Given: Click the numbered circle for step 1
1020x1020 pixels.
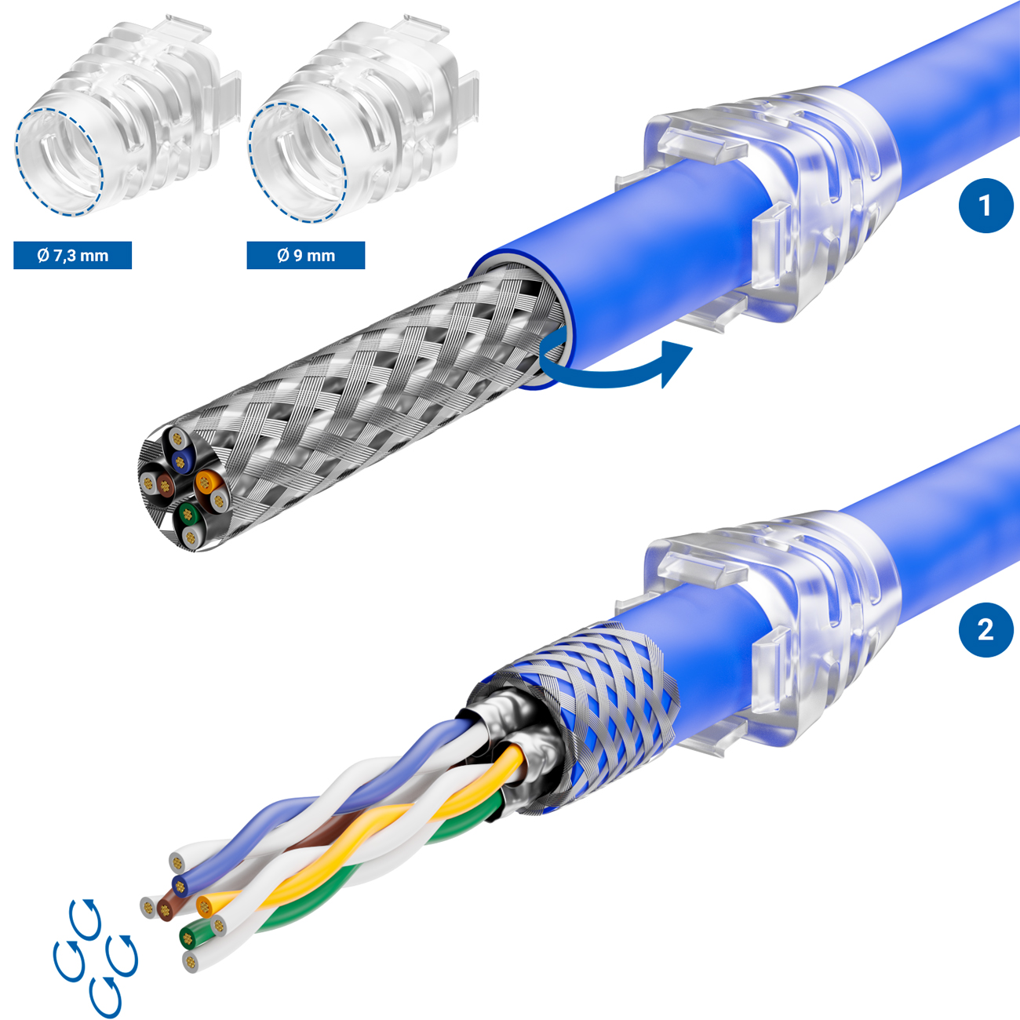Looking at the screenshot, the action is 985,206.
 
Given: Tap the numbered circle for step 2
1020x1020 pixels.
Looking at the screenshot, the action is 985,630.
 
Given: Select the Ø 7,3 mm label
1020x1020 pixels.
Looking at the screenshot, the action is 72,256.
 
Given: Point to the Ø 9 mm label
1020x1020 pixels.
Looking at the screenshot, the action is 306,256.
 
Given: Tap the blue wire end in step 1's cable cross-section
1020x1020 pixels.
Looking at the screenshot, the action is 181,462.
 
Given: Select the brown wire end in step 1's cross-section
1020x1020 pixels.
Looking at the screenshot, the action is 165,484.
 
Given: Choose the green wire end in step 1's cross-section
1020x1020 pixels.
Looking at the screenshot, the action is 186,512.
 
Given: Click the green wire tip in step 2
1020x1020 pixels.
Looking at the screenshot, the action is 187,939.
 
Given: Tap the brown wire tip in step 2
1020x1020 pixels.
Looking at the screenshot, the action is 165,910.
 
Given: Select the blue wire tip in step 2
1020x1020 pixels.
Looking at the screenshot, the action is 180,884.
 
